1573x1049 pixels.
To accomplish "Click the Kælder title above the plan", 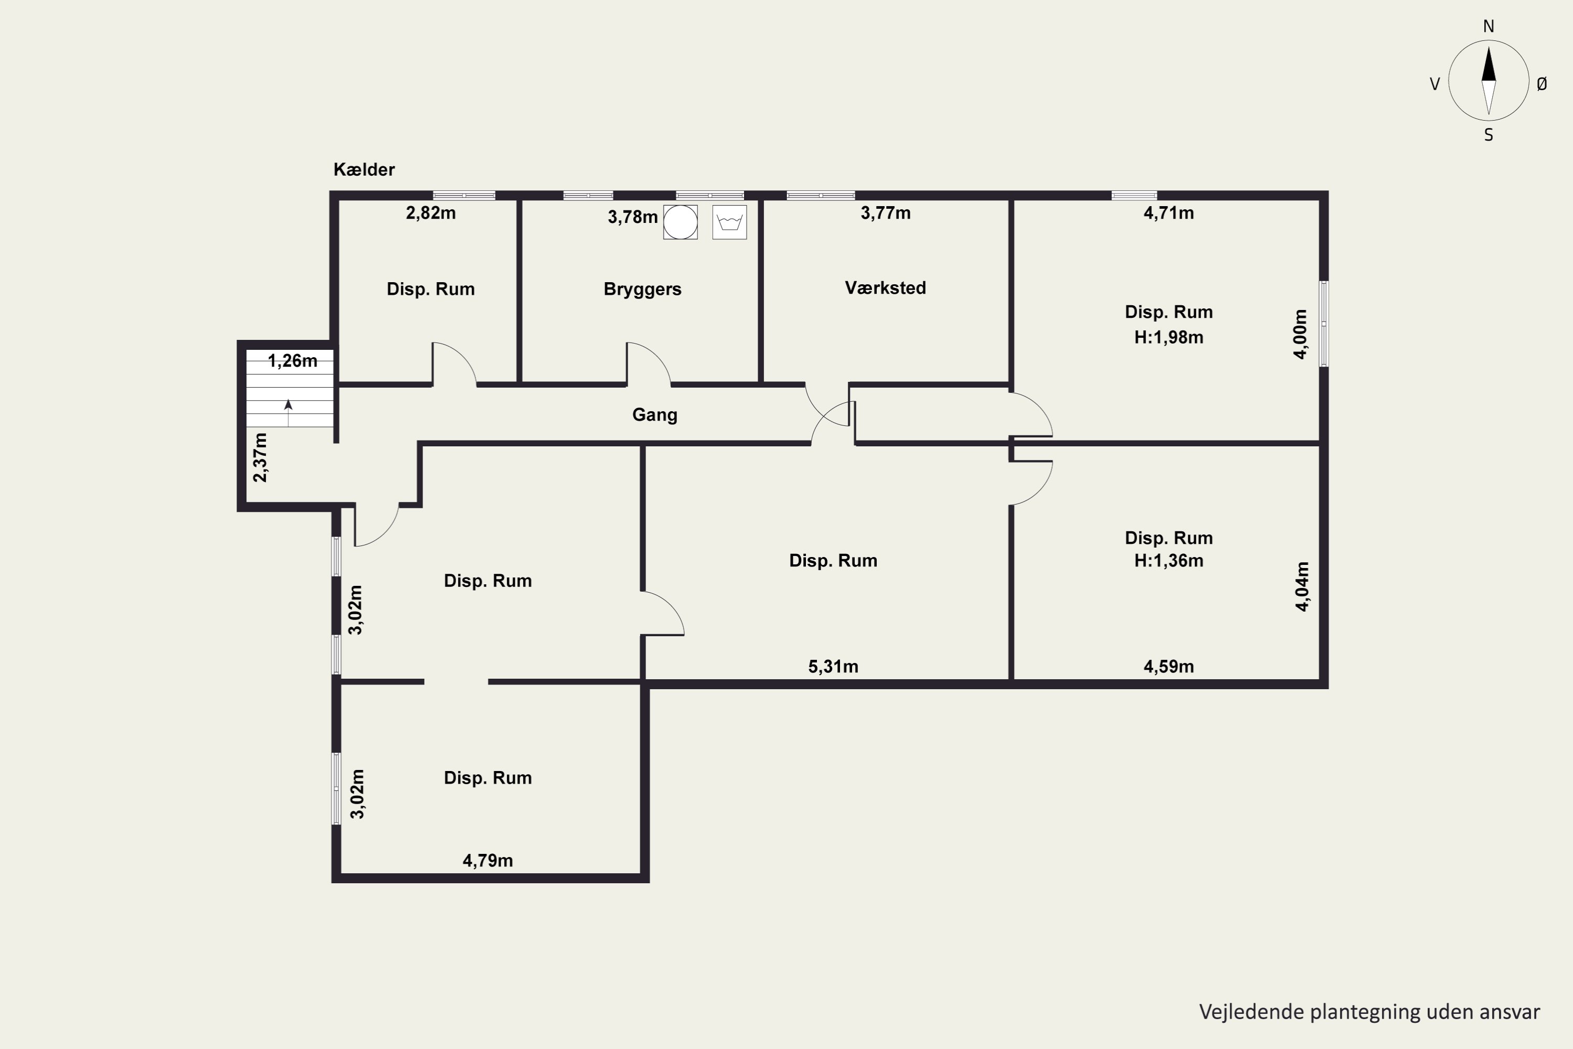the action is (x=364, y=169).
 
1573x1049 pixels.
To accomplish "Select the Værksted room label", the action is (x=885, y=287).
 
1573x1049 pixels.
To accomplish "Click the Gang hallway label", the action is (x=655, y=415).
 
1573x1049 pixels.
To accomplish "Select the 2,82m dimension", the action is (x=430, y=213).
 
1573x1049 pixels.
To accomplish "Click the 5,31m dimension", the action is (x=833, y=666).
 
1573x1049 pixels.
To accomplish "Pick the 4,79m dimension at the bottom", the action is (x=488, y=860).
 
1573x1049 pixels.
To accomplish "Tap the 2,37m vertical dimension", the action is (x=260, y=457).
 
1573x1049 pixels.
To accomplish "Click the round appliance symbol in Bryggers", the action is (x=680, y=222).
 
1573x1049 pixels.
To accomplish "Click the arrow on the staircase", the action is (x=288, y=413).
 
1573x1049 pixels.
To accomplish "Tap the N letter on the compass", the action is (x=1488, y=26).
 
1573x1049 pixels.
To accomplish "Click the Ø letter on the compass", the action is (x=1542, y=83).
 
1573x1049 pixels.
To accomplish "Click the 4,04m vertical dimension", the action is (x=1302, y=587).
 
